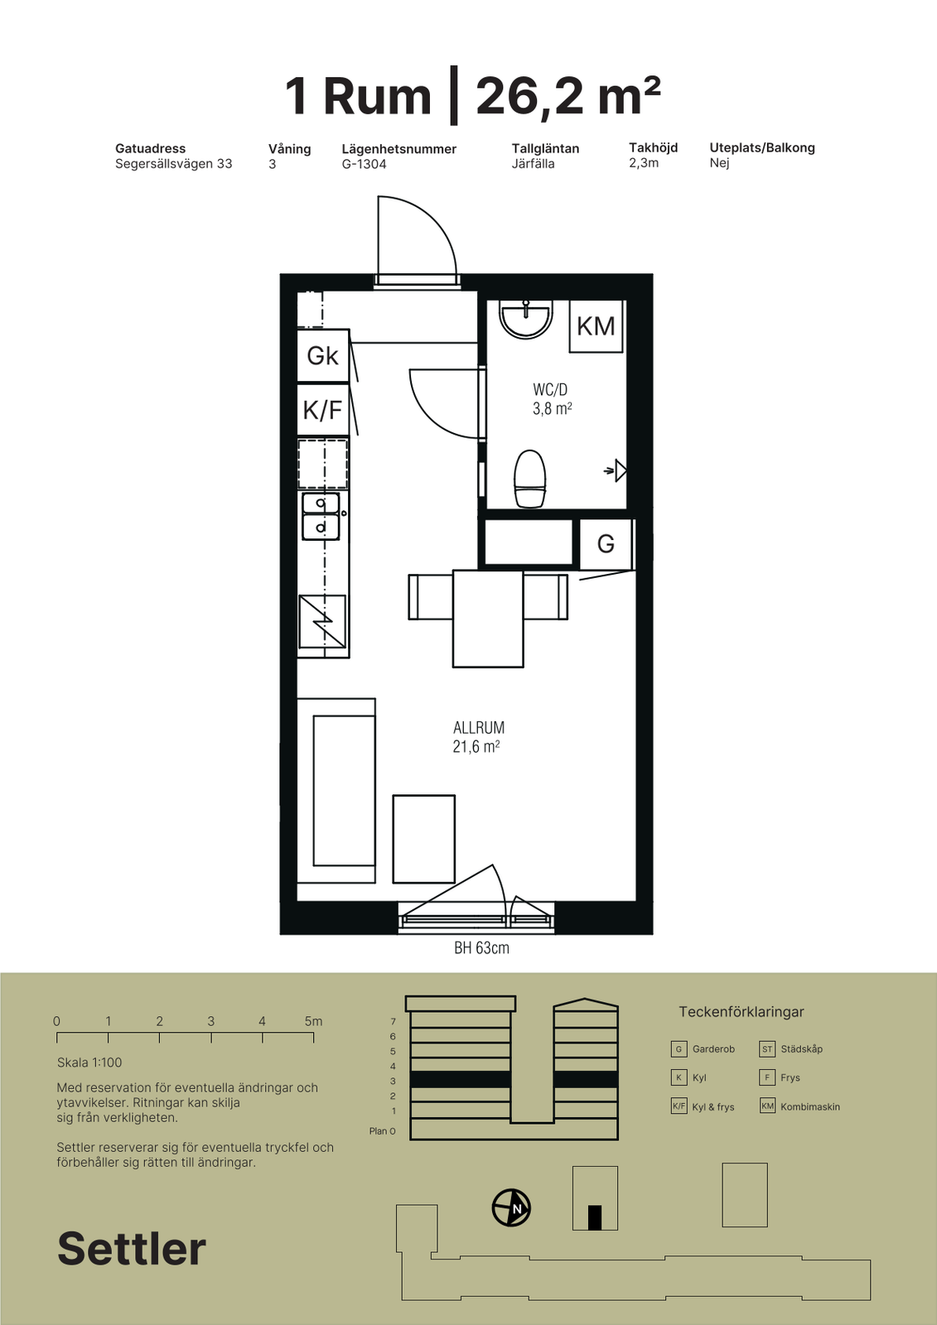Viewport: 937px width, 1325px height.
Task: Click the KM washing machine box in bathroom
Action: click(596, 326)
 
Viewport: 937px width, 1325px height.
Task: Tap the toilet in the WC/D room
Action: click(529, 479)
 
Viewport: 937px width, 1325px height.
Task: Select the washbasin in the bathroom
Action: click(525, 319)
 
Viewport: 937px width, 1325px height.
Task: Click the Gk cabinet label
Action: click(322, 355)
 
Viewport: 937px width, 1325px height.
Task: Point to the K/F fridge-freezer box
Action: click(322, 409)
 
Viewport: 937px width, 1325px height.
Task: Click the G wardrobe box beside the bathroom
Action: click(606, 543)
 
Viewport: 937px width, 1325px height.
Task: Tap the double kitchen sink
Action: click(321, 517)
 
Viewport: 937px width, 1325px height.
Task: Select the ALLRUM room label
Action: click(479, 728)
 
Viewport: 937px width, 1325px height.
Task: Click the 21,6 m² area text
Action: click(476, 746)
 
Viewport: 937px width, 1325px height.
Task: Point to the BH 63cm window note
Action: click(482, 947)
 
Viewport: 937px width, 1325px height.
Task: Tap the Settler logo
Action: click(132, 1249)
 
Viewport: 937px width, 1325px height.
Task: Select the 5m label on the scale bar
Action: click(314, 1021)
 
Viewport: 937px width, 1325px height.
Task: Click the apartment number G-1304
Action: click(364, 164)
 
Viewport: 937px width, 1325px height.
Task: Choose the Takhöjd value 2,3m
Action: click(644, 162)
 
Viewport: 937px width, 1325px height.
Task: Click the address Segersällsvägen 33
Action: click(174, 164)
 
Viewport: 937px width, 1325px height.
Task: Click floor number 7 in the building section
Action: click(393, 1022)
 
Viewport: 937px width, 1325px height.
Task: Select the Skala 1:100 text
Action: click(89, 1062)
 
